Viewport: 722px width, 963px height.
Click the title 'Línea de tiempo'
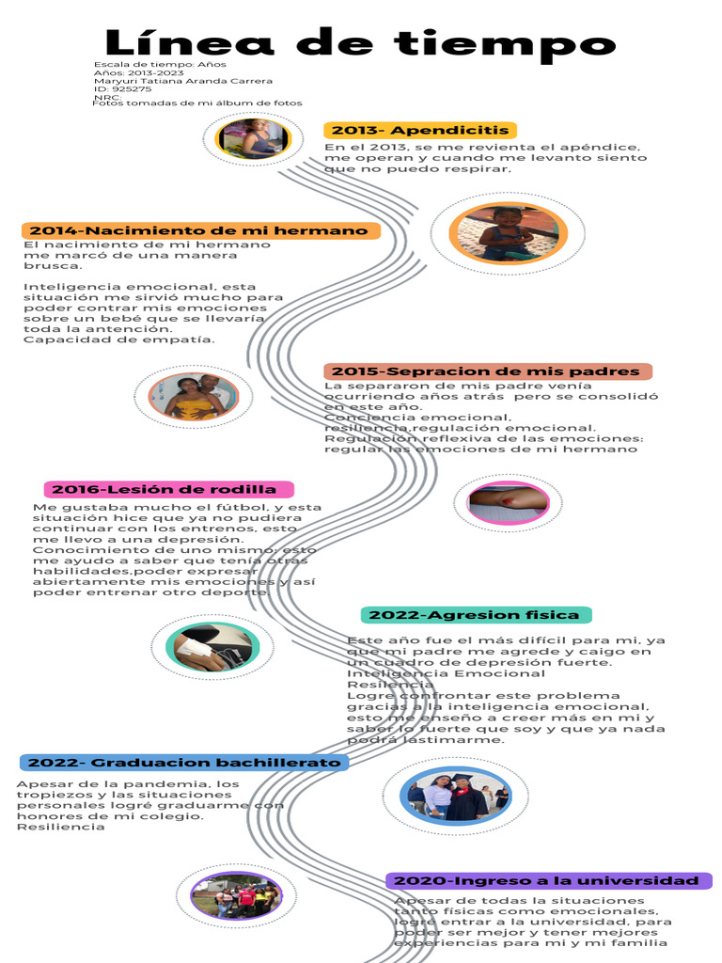(360, 43)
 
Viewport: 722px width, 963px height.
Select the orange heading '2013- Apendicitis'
(419, 130)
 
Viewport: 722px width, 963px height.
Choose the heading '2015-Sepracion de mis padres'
(487, 371)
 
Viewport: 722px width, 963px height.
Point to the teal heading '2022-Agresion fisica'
(476, 615)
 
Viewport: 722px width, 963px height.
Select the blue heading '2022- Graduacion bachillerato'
(183, 762)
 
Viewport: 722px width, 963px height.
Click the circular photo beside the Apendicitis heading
(253, 138)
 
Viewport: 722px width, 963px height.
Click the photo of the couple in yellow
(193, 396)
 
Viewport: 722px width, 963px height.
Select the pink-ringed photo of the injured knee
(508, 502)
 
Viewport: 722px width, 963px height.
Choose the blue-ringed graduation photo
(454, 796)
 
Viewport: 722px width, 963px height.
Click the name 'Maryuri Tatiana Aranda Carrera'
(183, 81)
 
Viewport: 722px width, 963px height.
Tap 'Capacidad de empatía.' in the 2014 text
(119, 339)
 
